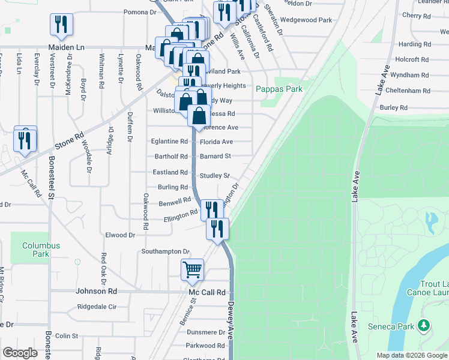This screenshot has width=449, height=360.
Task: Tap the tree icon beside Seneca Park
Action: click(x=424, y=326)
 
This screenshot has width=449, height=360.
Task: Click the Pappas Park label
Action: click(x=279, y=89)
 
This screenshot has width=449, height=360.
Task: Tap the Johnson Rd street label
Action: click(x=96, y=292)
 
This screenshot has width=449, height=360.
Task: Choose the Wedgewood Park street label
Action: click(x=306, y=20)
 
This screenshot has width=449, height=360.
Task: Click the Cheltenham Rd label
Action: click(x=409, y=91)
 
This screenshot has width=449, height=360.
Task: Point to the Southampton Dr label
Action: click(x=165, y=251)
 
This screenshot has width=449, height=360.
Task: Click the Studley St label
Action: click(x=215, y=176)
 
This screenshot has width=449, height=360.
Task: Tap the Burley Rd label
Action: click(x=394, y=107)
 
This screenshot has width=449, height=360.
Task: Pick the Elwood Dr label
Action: click(x=120, y=235)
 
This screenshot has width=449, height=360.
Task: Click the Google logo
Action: click(x=20, y=353)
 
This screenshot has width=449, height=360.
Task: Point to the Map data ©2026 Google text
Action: click(x=411, y=355)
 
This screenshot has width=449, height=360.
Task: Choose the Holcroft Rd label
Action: click(x=412, y=60)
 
